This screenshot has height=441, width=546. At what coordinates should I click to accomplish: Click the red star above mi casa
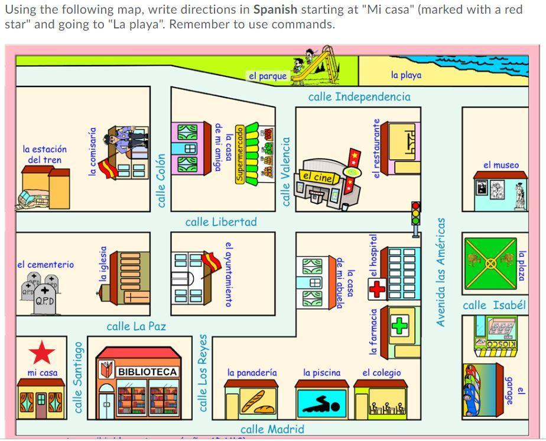42,353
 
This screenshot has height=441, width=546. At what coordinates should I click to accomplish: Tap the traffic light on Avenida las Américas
416,214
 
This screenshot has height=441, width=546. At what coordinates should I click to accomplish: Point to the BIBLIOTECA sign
147,372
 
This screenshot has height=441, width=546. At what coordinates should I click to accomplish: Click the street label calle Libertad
221,222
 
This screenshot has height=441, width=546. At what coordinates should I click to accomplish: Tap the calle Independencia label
359,96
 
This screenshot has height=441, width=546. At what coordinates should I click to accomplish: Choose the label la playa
406,75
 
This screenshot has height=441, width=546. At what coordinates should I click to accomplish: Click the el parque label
268,76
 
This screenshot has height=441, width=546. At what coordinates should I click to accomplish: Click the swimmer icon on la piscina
321,405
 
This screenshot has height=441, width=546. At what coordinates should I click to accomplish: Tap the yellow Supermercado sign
240,153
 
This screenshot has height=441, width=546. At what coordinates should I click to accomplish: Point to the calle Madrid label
272,429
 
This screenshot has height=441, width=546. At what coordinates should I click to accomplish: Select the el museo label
501,165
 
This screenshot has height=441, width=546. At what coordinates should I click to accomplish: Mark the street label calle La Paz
136,326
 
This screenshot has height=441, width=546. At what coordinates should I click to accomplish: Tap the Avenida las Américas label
441,272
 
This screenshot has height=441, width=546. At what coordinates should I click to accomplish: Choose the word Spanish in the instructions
275,10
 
